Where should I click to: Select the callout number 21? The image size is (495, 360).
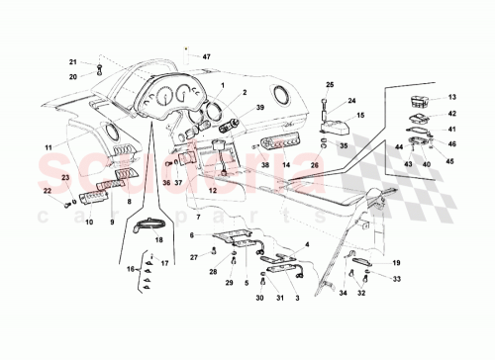tap(72, 62)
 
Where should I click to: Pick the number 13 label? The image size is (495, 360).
tap(450, 97)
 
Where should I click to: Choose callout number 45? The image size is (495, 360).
tap(450, 161)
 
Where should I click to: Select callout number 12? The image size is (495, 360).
tap(211, 189)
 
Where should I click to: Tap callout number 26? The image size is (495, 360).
tap(315, 165)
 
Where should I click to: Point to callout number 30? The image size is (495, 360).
tap(259, 298)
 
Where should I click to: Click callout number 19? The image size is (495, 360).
tap(396, 263)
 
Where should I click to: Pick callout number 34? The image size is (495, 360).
tap(343, 294)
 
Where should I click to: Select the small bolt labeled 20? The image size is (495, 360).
tap(100, 68)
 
